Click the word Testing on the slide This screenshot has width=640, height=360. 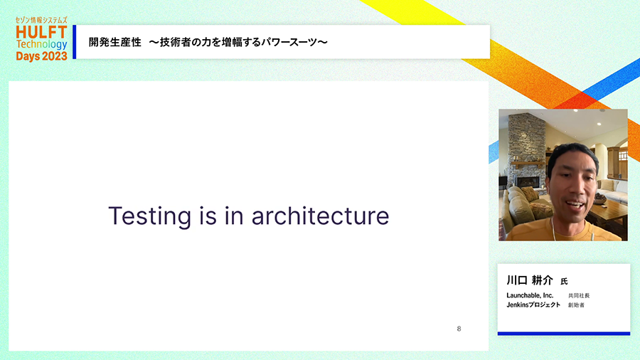[149, 217]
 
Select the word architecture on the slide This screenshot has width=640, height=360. [320, 216]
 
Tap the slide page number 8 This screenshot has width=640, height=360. [459, 329]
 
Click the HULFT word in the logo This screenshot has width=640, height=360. [41, 32]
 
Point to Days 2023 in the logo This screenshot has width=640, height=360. [41, 56]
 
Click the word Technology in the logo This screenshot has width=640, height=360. [41, 44]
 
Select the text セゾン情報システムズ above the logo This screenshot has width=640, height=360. [41, 20]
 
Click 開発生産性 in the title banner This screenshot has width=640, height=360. [114, 42]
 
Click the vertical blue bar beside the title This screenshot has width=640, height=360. [74, 42]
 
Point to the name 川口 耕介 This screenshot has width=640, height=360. [529, 280]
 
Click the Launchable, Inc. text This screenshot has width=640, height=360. [530, 295]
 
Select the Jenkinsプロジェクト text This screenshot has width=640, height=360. [533, 305]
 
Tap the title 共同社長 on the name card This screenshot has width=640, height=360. [579, 295]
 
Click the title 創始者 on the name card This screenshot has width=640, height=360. [576, 305]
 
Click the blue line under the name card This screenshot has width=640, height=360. [564, 334]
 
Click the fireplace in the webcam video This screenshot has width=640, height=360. [528, 182]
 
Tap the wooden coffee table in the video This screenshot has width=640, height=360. [608, 214]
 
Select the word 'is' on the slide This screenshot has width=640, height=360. [208, 216]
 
